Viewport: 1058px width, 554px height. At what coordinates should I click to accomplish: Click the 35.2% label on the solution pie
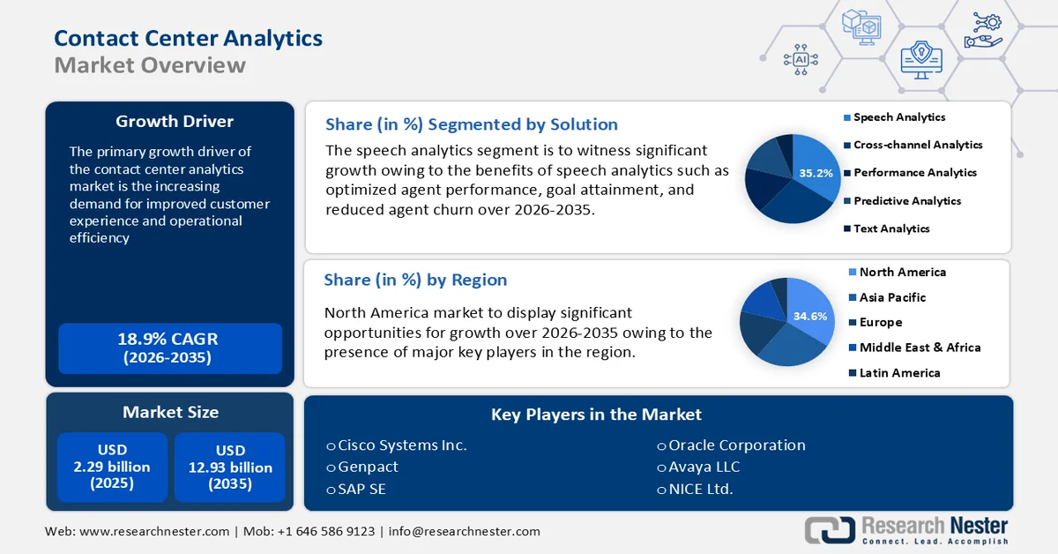point(816,174)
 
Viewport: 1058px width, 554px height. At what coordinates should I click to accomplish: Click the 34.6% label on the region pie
point(810,316)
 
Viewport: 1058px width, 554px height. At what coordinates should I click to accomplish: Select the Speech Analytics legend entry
point(898,117)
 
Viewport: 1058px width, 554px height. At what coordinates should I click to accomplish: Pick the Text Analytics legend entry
point(890,228)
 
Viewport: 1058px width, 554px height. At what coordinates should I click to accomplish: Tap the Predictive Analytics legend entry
point(906,201)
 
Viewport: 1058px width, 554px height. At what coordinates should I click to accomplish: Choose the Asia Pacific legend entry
point(892,297)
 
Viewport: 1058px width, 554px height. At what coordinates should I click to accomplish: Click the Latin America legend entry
point(899,372)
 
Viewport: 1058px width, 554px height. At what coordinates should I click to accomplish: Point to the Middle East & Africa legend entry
point(920,348)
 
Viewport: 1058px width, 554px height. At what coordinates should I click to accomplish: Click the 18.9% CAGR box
point(169,348)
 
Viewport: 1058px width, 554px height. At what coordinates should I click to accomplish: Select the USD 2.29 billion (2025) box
point(111,467)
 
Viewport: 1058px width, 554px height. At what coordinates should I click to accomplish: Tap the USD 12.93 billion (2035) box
point(230,467)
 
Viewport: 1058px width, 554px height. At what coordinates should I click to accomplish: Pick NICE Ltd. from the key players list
point(700,489)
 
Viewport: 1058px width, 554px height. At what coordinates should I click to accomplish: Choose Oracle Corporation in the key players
point(736,445)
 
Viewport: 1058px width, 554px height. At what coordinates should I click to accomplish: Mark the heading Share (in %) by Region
point(415,280)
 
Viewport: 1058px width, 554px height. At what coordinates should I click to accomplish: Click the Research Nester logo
point(906,529)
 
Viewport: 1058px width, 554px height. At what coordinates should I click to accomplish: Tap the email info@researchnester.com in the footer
point(464,531)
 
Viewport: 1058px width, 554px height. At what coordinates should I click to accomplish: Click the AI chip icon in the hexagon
point(801,59)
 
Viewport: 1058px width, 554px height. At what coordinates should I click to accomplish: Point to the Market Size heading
point(170,412)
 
